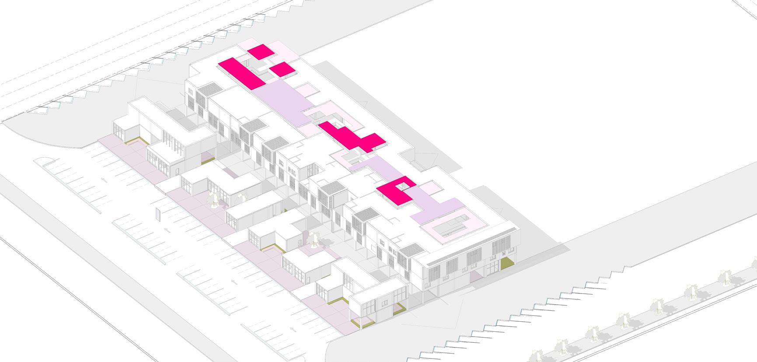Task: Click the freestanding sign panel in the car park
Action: tap(157, 214)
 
